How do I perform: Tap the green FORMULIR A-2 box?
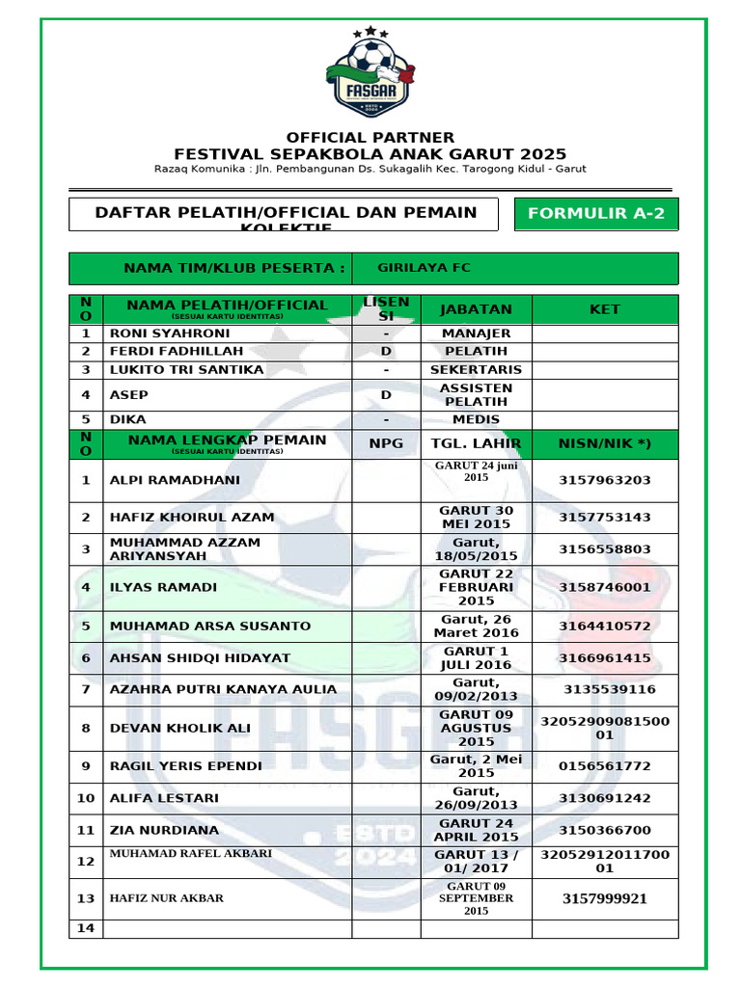tap(596, 214)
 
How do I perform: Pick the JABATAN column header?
tap(476, 309)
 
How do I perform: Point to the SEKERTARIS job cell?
tap(476, 369)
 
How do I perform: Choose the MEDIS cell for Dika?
tap(476, 419)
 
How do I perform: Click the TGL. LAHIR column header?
tap(476, 443)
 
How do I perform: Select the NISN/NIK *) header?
tap(605, 443)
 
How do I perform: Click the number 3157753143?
tap(605, 517)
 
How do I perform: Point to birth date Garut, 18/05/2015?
tap(476, 548)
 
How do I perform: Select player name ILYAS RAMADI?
tap(163, 587)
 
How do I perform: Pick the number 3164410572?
tap(605, 626)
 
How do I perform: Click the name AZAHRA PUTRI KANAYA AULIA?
tap(224, 689)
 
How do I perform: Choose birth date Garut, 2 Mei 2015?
tap(476, 766)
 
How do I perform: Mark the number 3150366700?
tap(605, 830)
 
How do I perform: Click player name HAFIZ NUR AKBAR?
tap(167, 898)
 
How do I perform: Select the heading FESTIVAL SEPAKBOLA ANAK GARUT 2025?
tap(370, 154)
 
